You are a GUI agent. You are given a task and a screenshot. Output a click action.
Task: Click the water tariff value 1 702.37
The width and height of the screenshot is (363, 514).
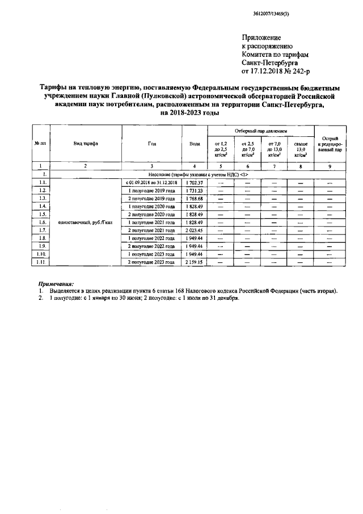(194, 182)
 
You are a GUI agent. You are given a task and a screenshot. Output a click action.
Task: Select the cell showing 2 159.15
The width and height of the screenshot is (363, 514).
(194, 263)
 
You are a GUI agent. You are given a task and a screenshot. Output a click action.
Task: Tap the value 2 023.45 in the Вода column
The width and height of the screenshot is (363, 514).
(194, 231)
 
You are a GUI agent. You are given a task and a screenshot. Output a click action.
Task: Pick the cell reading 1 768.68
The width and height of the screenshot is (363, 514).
(194, 198)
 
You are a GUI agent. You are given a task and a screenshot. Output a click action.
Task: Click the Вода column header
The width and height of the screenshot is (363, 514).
(194, 144)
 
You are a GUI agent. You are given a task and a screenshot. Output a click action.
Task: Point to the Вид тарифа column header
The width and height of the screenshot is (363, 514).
(86, 144)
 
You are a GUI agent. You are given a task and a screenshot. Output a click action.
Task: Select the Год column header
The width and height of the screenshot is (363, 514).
(151, 144)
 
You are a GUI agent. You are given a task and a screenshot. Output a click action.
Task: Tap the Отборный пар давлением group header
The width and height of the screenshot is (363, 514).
(261, 131)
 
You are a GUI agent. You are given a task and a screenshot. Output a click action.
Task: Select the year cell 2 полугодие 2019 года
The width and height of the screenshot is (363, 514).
(151, 198)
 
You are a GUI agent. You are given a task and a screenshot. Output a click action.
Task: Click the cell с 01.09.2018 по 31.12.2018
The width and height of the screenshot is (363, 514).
(151, 182)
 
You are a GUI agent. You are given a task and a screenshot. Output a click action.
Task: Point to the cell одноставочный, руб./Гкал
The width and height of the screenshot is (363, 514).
(86, 223)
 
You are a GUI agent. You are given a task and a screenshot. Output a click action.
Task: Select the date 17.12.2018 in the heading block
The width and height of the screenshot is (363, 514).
(267, 72)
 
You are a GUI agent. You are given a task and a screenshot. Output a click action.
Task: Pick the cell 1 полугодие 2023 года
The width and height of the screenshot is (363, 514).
(151, 255)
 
